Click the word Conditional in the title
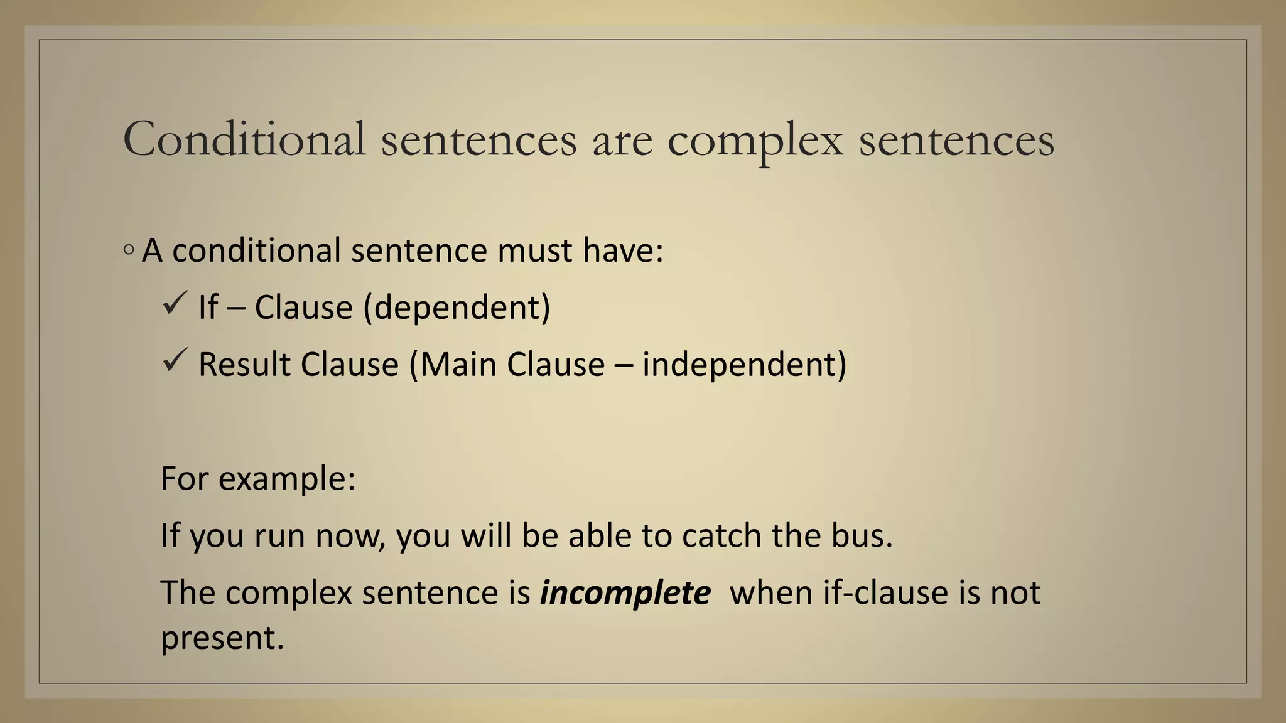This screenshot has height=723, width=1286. [244, 139]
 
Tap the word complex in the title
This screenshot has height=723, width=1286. [755, 141]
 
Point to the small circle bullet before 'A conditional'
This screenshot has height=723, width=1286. [129, 250]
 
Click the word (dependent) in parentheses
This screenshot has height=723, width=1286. [457, 308]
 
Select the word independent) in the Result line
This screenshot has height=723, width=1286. [744, 365]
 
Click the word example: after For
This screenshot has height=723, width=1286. [287, 479]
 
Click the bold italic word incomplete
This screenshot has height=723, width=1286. [625, 593]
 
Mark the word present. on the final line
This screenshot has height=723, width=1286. [222, 638]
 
